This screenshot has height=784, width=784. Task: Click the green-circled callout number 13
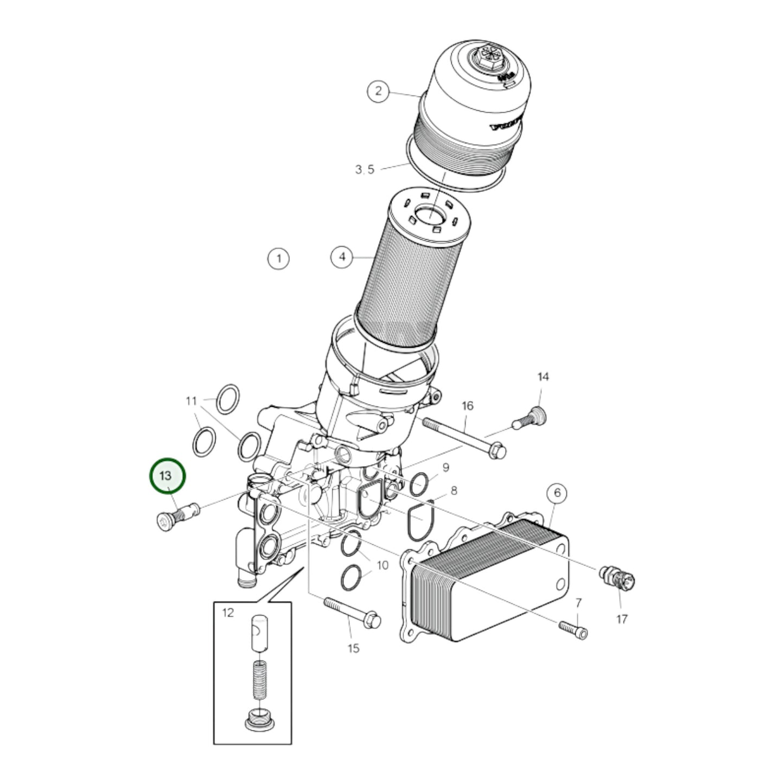167,476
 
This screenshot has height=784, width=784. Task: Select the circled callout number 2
378,91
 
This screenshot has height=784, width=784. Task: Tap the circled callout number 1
279,258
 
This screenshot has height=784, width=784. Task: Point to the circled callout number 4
342,257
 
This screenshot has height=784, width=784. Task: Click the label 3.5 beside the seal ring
365,170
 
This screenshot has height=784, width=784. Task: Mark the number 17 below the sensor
622,619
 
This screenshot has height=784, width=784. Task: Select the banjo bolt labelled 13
175,515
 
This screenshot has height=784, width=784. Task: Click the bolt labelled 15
353,613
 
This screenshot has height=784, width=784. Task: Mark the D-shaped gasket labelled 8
420,520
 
